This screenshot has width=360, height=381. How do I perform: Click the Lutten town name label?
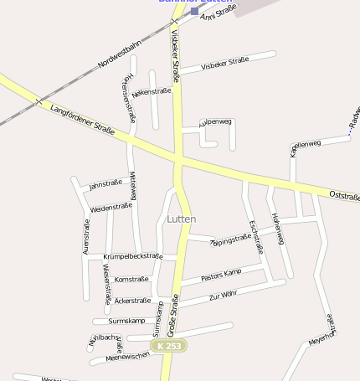pos(182,219)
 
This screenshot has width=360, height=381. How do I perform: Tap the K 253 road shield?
pos(168,346)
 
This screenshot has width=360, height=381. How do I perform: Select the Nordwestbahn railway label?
pos(120,53)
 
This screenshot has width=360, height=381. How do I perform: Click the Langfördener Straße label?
pos(82,118)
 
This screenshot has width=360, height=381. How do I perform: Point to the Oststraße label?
pos(344,196)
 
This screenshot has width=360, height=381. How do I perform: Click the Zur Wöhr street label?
pos(224,296)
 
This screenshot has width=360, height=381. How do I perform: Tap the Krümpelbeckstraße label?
pos(132,255)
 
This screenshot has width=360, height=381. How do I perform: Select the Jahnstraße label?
pos(105,183)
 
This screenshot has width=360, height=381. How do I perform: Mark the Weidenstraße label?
pos(111,206)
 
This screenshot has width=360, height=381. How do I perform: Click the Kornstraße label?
pos(131,279)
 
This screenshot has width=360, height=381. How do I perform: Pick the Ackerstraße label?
pos(132,300)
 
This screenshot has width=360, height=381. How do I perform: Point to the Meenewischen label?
pos(128,356)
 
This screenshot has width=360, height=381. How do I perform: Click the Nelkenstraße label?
pos(152,91)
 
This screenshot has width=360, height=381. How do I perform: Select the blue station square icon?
pos(195,12)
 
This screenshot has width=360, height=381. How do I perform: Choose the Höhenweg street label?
pos(277,229)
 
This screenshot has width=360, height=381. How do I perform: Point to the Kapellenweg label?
pos(306,147)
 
